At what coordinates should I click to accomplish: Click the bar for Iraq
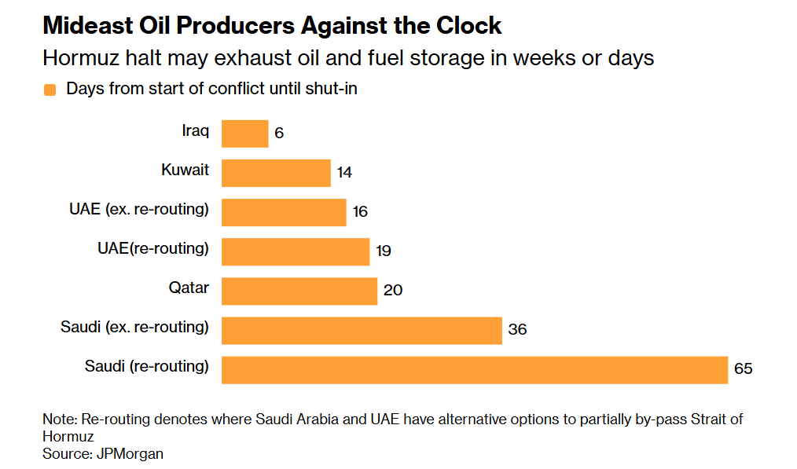click(x=244, y=134)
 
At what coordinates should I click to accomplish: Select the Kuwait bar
click(x=276, y=173)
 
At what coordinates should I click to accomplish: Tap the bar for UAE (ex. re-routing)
click(x=284, y=212)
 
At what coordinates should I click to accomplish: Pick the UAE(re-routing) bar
click(x=295, y=251)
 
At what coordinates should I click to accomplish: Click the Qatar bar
click(x=299, y=291)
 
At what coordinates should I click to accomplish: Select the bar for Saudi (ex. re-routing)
click(x=362, y=330)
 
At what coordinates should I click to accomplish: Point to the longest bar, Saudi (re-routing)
click(x=475, y=369)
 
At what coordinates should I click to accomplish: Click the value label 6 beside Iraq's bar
click(x=279, y=134)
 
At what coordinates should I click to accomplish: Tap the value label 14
click(x=344, y=173)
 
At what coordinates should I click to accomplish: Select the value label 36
click(x=517, y=330)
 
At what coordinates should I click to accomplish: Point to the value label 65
click(x=744, y=369)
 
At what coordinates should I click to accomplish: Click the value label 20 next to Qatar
click(x=393, y=291)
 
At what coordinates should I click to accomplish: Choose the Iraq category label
click(x=196, y=130)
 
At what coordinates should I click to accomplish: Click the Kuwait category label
click(x=185, y=170)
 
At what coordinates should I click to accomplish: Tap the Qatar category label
click(x=189, y=288)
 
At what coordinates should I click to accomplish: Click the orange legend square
click(x=50, y=90)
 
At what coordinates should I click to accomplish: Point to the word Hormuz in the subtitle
click(x=77, y=59)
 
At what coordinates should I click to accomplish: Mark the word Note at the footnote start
click(x=57, y=420)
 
